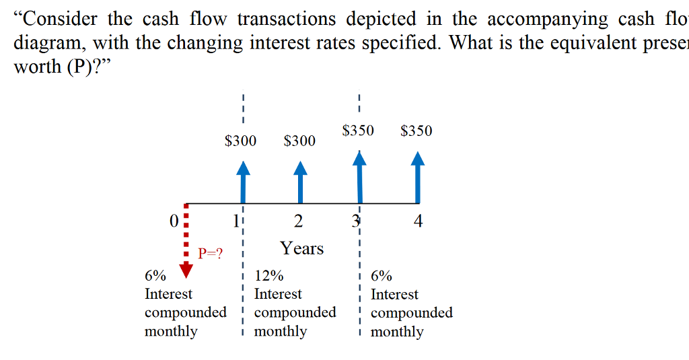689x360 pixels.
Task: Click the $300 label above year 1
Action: click(x=240, y=141)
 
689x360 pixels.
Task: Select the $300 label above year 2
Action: click(x=299, y=141)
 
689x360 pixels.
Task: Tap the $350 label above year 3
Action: click(x=358, y=130)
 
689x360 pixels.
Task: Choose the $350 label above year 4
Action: click(x=416, y=131)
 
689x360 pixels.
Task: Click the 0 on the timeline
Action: click(x=174, y=221)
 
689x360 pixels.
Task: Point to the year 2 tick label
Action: click(x=298, y=221)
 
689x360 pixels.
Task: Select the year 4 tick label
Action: click(x=418, y=221)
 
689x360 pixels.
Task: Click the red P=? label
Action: click(x=211, y=254)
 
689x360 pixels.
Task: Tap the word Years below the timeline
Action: click(x=302, y=248)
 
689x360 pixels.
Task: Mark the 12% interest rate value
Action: click(x=269, y=276)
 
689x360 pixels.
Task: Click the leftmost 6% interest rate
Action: click(x=155, y=276)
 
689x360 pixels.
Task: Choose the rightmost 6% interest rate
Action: click(x=382, y=276)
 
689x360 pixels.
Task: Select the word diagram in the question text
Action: click(x=48, y=43)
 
